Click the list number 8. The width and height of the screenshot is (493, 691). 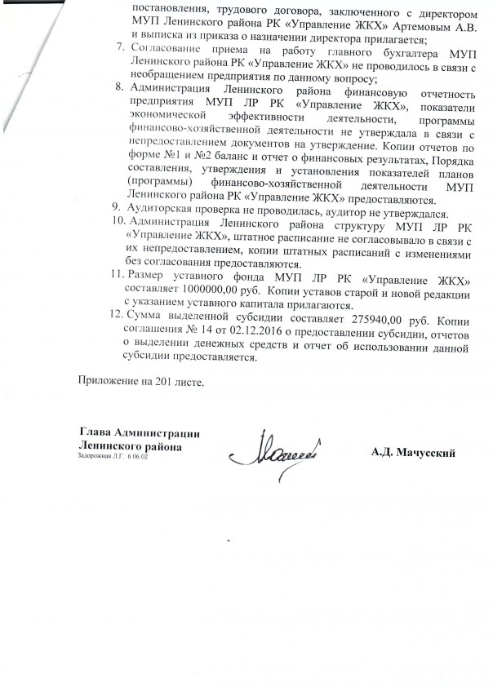[117, 85]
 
